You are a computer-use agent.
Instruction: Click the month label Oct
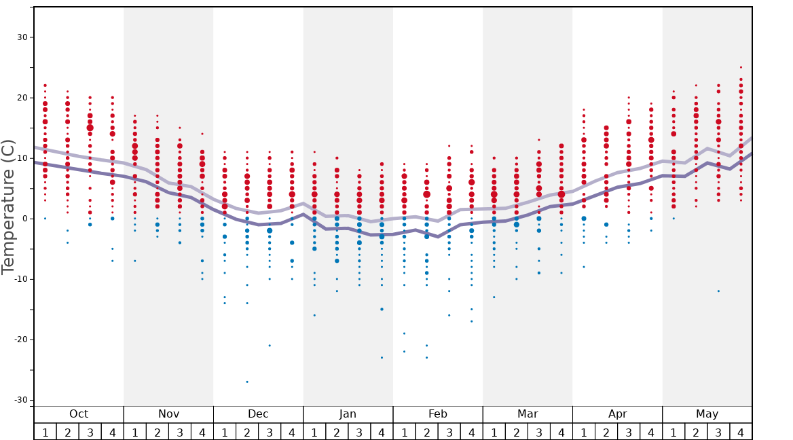coord(79,414)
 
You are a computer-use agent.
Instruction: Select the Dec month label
coord(258,414)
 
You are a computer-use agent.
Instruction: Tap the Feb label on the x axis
coord(438,414)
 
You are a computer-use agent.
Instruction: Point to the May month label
coord(707,414)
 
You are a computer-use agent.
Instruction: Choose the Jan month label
coord(348,414)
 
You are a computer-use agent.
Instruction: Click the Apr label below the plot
coord(617,414)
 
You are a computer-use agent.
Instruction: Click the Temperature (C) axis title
coord(8,206)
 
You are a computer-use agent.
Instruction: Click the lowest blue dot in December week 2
coord(247,382)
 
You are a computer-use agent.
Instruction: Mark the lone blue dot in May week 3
coord(718,291)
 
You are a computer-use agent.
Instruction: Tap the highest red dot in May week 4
coord(741,67)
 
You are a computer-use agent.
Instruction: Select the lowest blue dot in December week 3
coord(270,346)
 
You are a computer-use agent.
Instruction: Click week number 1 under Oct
coord(45,433)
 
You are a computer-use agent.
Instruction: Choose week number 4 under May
coord(741,433)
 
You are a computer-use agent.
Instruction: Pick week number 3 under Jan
coord(359,433)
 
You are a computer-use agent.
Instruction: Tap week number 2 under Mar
coord(516,433)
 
